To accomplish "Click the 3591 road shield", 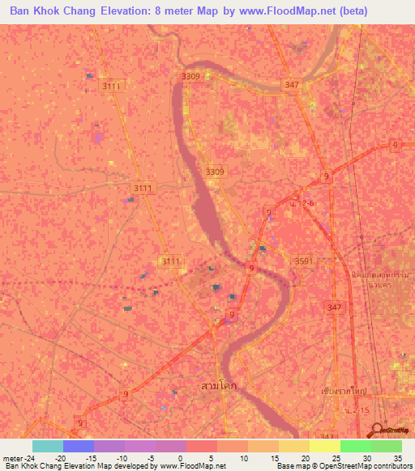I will (x=302, y=261).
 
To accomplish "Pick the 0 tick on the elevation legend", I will (x=178, y=457).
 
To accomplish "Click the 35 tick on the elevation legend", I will (x=397, y=457).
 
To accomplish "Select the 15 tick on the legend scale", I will (x=273, y=457).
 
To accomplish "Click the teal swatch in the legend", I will (x=47, y=446).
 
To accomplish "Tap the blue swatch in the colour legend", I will (x=78, y=446).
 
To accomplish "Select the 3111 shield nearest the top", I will (x=109, y=84).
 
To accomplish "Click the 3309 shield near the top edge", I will (x=191, y=76).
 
